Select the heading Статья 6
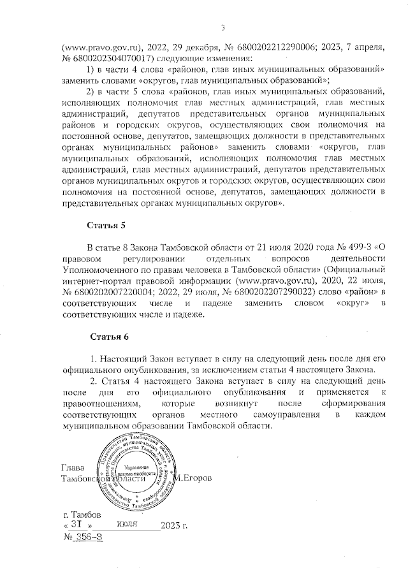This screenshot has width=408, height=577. pyautogui.click(x=109, y=335)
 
